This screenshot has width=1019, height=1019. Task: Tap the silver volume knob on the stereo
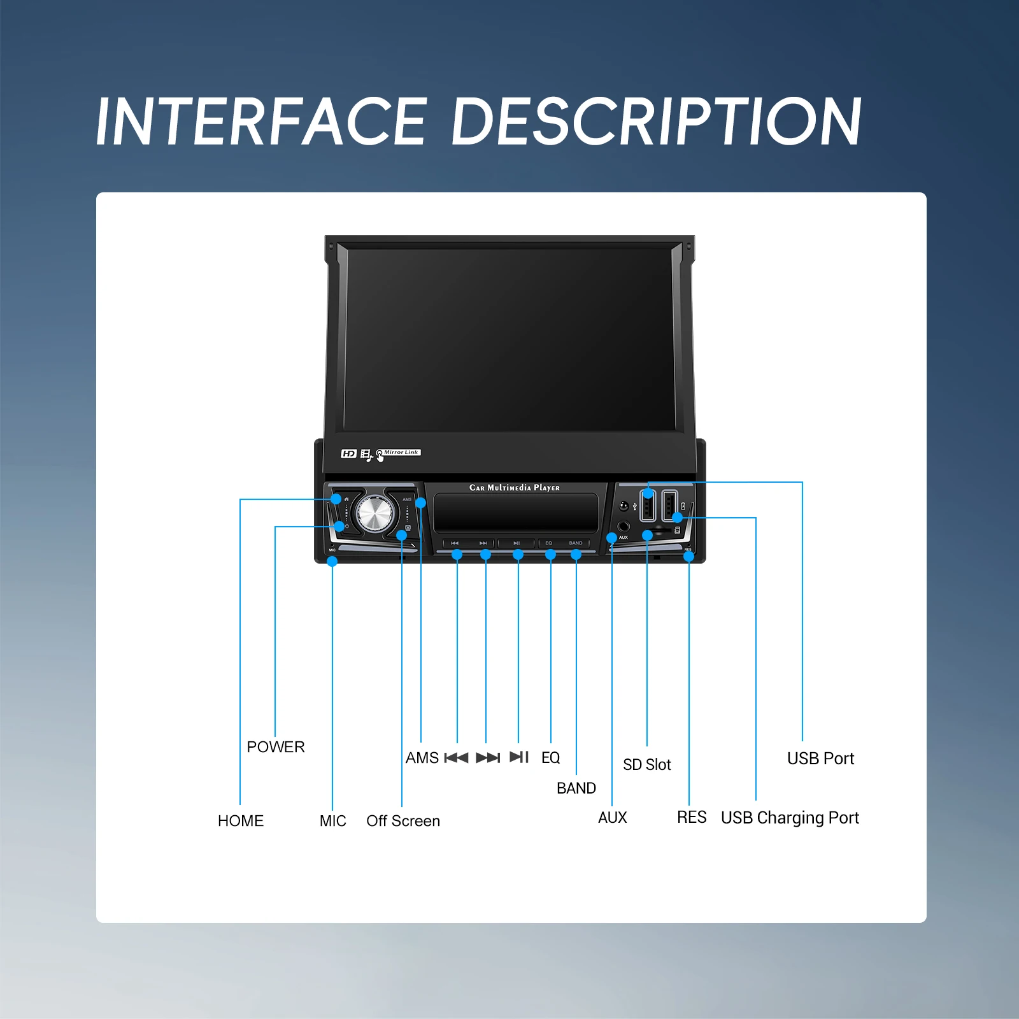tap(375, 513)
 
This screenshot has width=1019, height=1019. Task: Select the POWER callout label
tap(276, 746)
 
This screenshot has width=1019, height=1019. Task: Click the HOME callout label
tap(241, 820)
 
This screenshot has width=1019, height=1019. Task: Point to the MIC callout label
tap(333, 820)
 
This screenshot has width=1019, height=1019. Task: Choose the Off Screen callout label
tap(403, 820)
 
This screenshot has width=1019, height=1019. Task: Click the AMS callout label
tap(422, 757)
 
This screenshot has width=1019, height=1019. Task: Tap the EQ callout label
tap(551, 757)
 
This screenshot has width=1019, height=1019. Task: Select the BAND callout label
tap(576, 788)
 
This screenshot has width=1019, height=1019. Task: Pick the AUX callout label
tap(613, 817)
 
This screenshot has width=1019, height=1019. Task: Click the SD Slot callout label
tap(647, 764)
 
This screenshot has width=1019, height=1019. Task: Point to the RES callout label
tap(692, 817)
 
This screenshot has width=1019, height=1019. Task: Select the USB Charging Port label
tap(790, 817)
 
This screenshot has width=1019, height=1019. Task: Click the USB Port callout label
tap(820, 758)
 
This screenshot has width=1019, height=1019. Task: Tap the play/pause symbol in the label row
tap(519, 757)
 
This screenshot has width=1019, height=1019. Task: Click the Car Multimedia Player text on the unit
tap(515, 488)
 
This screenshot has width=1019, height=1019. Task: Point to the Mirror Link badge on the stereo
tap(401, 453)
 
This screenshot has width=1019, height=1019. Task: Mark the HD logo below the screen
tap(348, 453)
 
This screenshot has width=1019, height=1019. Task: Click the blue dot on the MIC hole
tap(332, 561)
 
